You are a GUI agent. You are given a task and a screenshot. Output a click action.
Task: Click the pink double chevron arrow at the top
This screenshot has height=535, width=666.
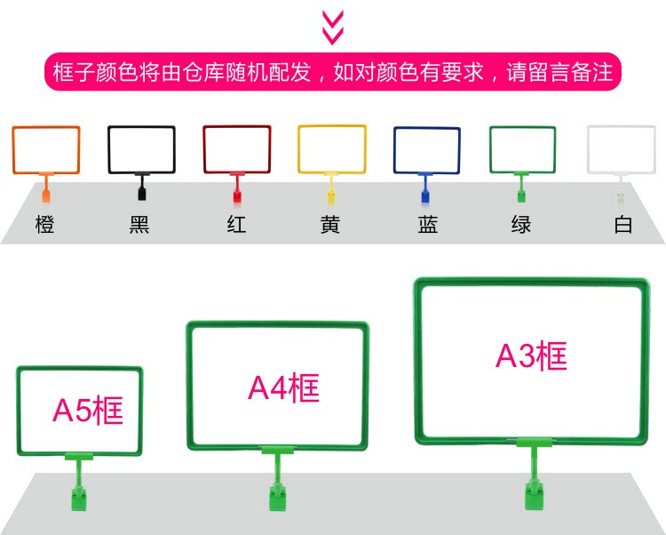pos(332,27)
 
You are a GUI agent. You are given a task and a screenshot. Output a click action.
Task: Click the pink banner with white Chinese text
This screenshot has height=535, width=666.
pos(333,72)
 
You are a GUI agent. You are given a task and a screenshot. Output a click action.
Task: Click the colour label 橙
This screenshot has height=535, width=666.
pos(45,225)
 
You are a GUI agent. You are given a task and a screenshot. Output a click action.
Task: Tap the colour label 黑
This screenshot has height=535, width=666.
pos(140,225)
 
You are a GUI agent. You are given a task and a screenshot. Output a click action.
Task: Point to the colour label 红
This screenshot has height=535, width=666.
pos(236,225)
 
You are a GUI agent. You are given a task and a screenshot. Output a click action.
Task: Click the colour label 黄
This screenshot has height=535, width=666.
pos(331,225)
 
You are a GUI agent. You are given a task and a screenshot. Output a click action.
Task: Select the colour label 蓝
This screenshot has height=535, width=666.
pos(427,225)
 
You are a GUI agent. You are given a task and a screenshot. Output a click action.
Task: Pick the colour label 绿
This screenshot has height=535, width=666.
pos(521,225)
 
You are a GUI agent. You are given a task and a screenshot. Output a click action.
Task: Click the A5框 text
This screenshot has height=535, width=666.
pos(88,411)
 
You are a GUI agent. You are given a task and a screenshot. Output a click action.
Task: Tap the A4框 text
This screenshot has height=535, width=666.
pos(283,388)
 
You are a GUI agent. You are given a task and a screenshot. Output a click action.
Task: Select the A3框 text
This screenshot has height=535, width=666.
pos(531,356)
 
